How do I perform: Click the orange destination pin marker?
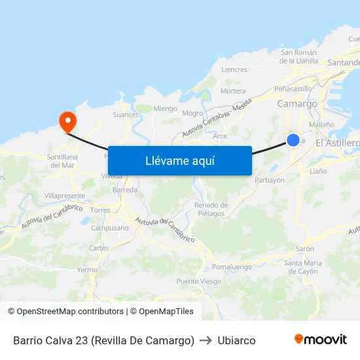tap(67, 121)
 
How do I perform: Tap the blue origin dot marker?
tap(293, 140)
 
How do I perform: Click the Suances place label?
tap(126, 115)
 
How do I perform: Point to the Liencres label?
tap(234, 69)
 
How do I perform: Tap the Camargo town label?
tap(297, 103)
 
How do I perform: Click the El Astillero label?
tap(337, 143)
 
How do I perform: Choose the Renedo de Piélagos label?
tap(210, 209)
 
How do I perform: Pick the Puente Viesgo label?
tap(198, 281)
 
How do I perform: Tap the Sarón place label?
tap(305, 249)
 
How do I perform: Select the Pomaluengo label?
tap(232, 267)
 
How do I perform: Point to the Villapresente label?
tap(65, 196)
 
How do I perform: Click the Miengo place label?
tap(165, 109)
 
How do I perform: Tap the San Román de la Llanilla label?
tap(298, 56)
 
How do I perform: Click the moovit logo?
tap(320, 340)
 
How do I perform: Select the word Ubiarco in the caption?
tap(236, 340)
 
